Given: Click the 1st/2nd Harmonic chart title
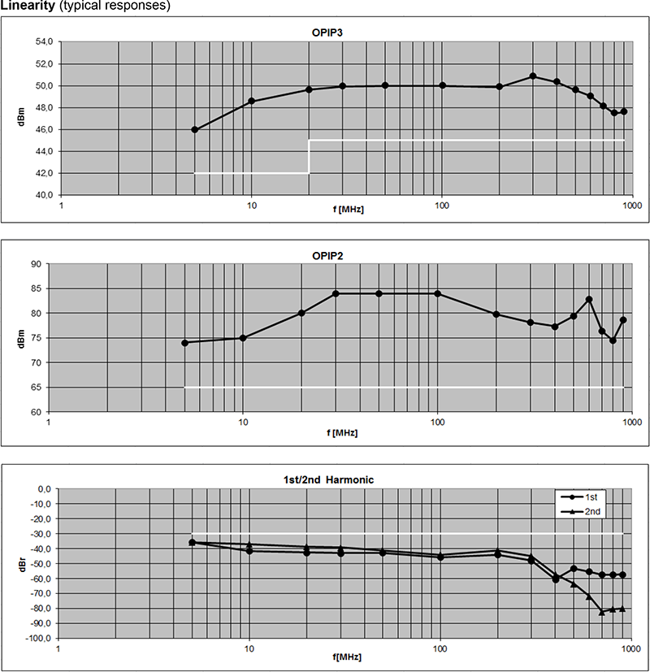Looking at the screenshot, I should point(323,479).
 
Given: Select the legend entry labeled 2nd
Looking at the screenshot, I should point(592,511).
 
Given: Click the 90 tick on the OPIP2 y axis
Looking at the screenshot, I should point(36,264).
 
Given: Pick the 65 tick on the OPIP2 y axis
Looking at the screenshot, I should point(36,388).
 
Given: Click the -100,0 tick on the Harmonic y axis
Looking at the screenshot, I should point(36,639).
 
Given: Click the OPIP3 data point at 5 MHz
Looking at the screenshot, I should point(195,129).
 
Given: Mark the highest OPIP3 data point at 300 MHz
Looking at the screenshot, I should point(533,76).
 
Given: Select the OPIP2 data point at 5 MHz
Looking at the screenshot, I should point(184,343).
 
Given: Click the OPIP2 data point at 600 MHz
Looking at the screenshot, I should point(589,300).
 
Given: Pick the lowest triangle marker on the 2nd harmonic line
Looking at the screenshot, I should point(602,612).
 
